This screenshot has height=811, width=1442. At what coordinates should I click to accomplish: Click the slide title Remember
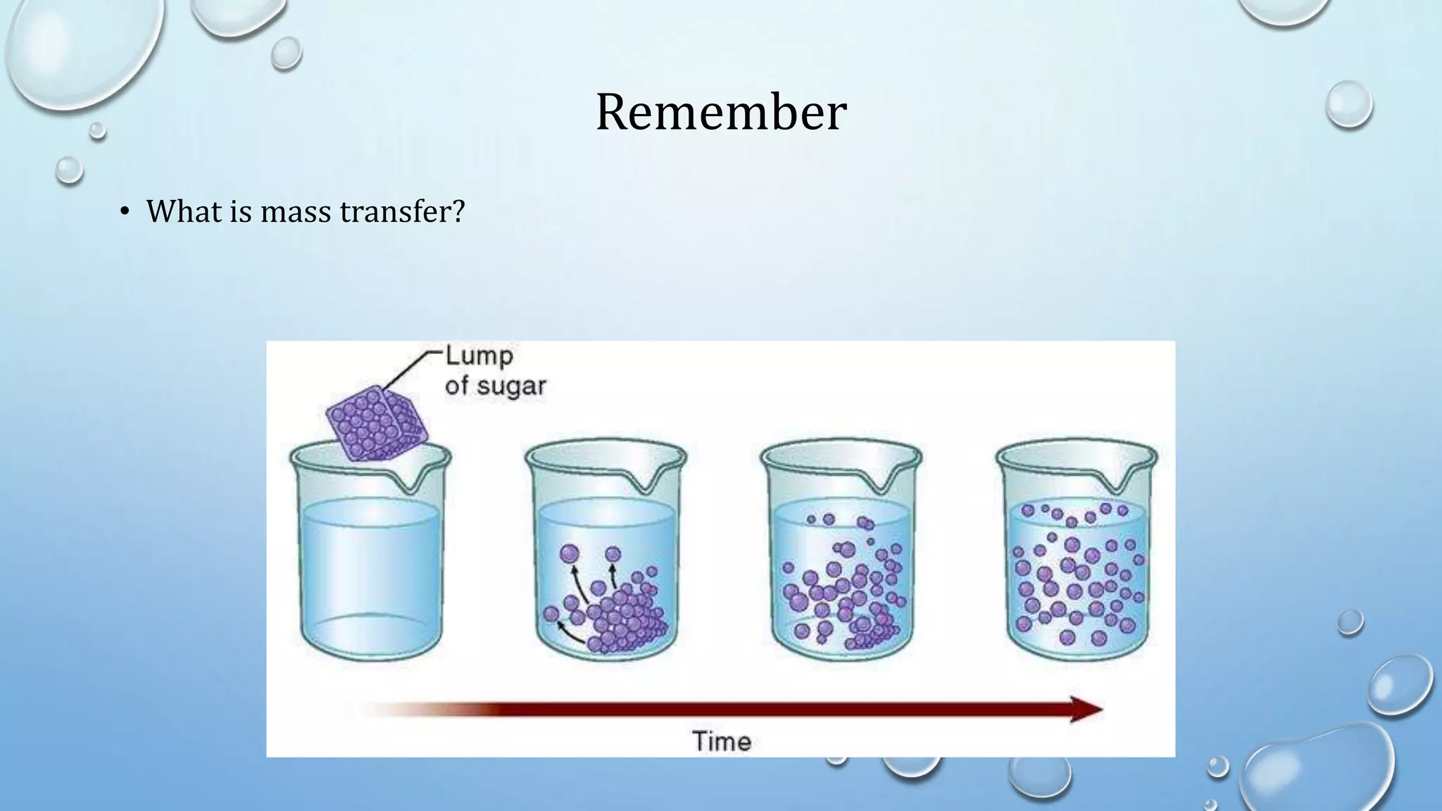[x=720, y=113]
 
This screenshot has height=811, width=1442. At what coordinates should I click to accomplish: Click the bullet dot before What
[x=125, y=213]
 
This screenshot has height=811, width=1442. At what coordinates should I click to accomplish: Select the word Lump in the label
[x=479, y=356]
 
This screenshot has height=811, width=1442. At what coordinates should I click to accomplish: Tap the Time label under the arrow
[x=722, y=741]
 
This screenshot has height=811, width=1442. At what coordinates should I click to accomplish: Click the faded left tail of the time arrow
[x=394, y=709]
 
